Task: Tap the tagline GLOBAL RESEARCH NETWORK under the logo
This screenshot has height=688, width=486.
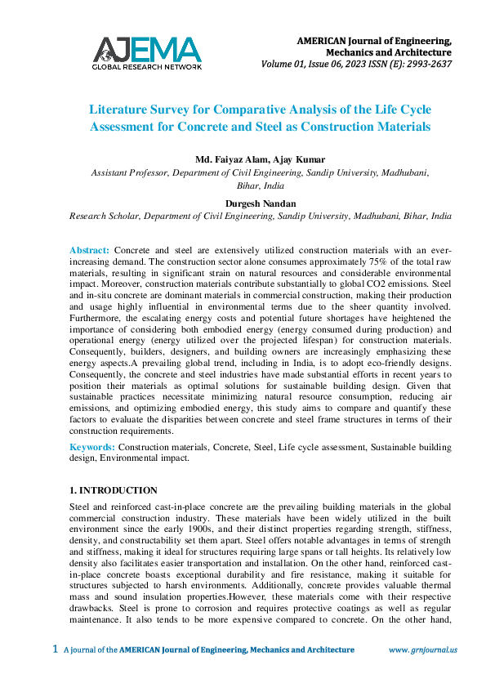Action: coord(147,66)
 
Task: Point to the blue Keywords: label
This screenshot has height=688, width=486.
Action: coord(93,447)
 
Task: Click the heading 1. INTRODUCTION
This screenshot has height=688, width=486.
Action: coord(114,490)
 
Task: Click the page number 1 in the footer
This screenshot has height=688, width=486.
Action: coord(55,650)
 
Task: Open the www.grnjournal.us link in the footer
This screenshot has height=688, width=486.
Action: coord(422,650)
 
